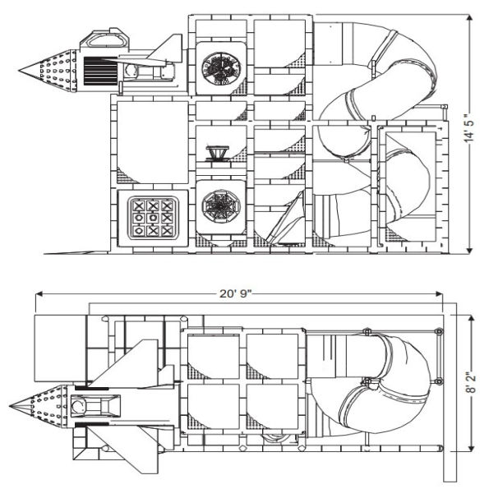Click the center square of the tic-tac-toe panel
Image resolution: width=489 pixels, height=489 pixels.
(152, 218)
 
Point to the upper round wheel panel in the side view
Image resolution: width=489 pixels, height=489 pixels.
(220, 67)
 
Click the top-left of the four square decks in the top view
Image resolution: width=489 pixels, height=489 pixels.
(213, 354)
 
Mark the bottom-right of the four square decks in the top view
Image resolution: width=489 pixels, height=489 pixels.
(271, 410)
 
